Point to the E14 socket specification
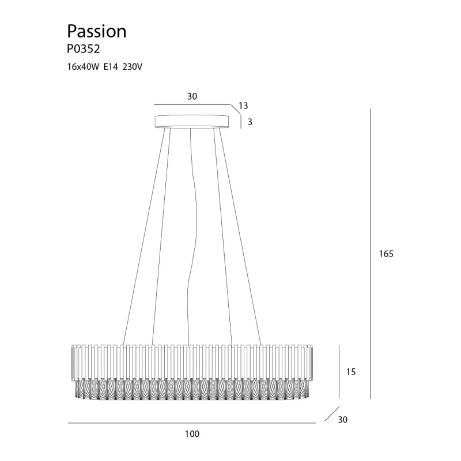(111, 67)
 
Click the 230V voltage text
(133, 67)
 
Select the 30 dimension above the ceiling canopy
(192, 97)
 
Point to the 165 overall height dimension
(386, 254)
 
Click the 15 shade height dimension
(351, 372)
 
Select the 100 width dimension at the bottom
(192, 434)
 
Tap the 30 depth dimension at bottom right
(343, 420)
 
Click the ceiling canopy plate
(192, 122)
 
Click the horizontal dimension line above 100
(192, 424)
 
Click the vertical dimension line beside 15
(339, 372)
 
